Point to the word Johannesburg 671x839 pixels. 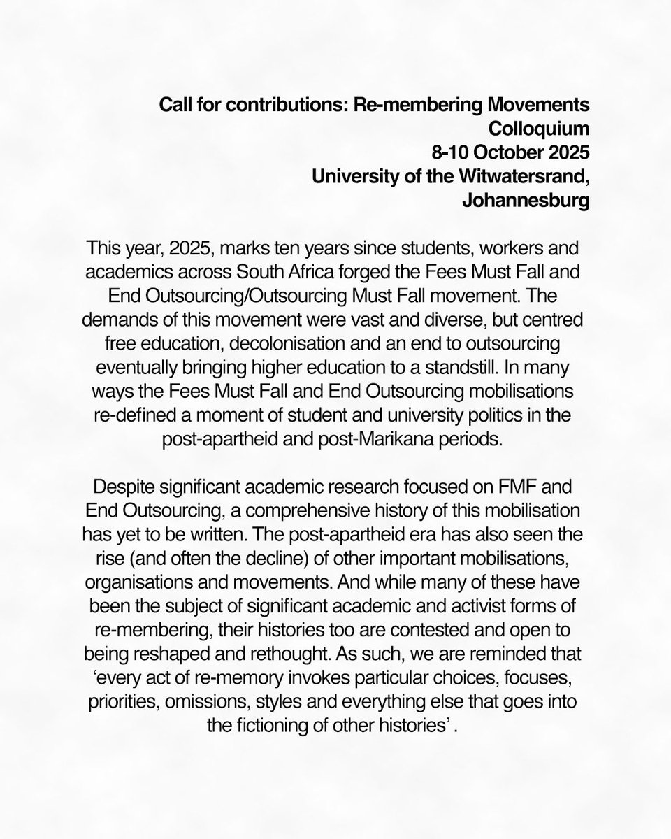click(526, 201)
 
